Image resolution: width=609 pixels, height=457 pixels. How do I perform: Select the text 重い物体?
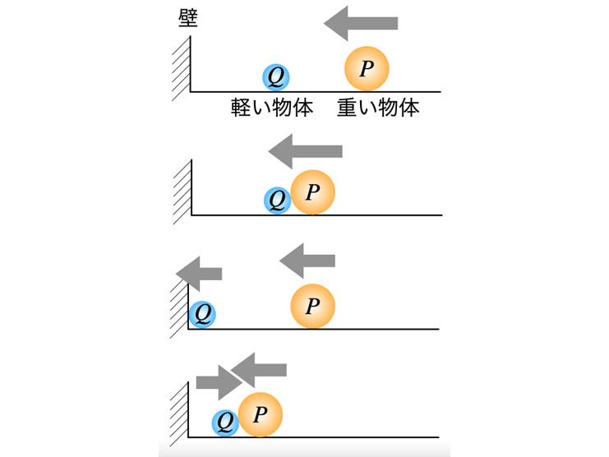pos(378,108)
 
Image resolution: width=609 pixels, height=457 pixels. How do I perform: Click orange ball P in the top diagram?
pos(366,68)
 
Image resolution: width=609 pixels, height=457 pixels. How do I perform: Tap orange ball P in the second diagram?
pos(312,192)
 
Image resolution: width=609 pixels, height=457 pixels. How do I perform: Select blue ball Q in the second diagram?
pos(278,199)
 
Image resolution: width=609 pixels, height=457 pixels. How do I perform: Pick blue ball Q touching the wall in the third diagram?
pos(202,313)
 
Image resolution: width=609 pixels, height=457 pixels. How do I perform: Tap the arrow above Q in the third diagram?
pos(200,273)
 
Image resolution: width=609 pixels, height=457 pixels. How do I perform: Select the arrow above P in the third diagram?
pos(307,261)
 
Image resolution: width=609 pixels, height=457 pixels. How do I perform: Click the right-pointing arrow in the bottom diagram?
pos(216,381)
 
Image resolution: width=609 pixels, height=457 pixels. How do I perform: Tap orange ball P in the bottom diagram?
pos(261,414)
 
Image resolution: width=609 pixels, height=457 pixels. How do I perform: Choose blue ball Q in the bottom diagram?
pos(225,422)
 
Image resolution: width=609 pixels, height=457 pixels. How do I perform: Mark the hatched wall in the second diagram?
pos(182,188)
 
